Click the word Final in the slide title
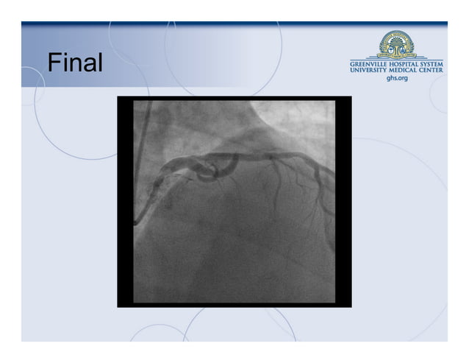click(75, 63)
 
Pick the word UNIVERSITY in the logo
click(370, 71)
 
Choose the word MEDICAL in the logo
click(407, 71)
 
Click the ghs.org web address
click(397, 78)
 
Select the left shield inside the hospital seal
click(388, 46)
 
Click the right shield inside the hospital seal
click(406, 46)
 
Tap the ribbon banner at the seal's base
click(397, 55)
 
